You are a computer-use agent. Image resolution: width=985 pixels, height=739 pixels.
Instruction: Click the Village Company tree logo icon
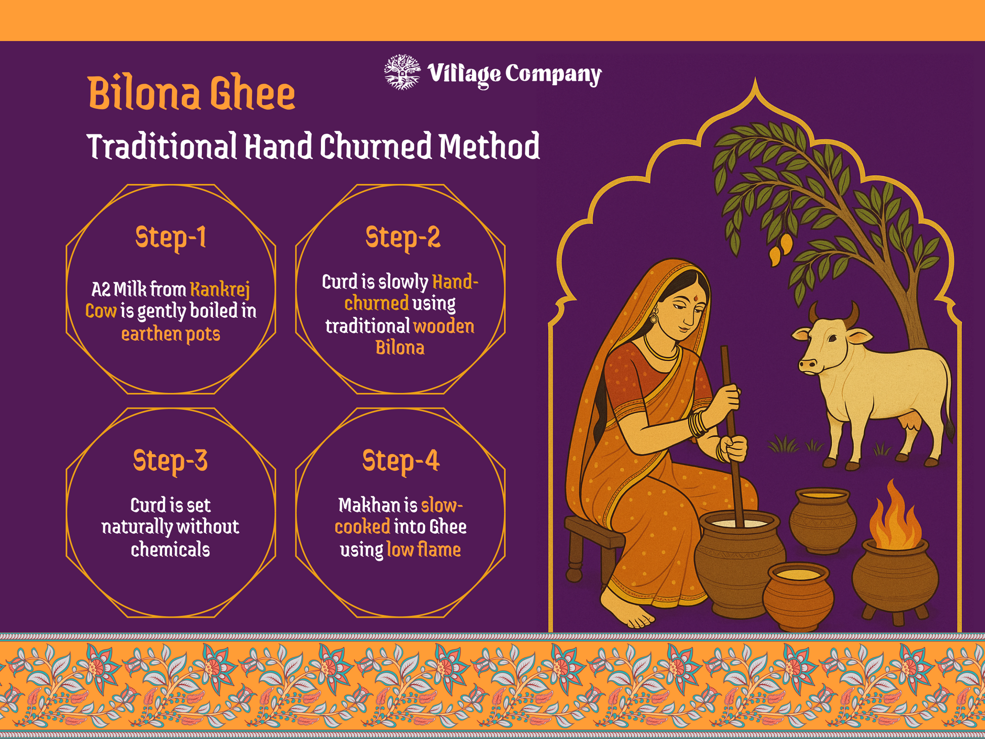point(402,72)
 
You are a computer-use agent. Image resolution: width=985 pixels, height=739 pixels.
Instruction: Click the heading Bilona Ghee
point(191,93)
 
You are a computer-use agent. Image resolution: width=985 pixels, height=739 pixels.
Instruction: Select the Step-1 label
point(171,237)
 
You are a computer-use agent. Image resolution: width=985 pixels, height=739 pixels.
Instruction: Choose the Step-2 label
point(402,237)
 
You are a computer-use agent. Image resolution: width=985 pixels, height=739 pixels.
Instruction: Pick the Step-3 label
point(170,461)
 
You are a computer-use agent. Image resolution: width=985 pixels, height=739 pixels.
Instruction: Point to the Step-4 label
point(401,461)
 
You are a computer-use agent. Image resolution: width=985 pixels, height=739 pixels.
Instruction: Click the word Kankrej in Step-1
point(220,290)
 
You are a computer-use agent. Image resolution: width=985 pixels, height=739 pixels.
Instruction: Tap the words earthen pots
point(171,334)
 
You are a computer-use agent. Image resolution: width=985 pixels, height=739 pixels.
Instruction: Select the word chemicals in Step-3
point(170,549)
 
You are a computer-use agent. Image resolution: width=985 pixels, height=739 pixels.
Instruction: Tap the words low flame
point(424,549)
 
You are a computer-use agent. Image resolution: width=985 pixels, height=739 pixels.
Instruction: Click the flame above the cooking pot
point(894,516)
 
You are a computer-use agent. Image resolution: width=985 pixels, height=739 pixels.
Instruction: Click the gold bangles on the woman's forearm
point(697,424)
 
